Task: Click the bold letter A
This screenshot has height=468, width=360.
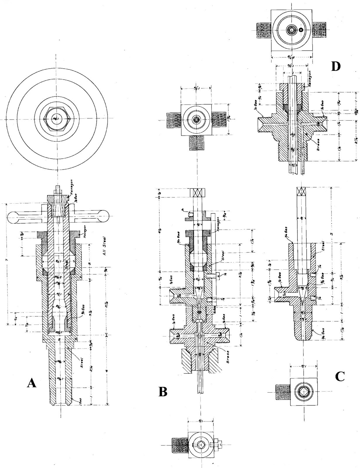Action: (x=32, y=382)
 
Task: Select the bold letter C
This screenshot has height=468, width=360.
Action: (x=340, y=377)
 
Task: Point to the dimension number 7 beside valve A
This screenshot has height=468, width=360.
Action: (x=6, y=260)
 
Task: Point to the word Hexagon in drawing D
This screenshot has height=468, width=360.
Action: (x=310, y=77)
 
